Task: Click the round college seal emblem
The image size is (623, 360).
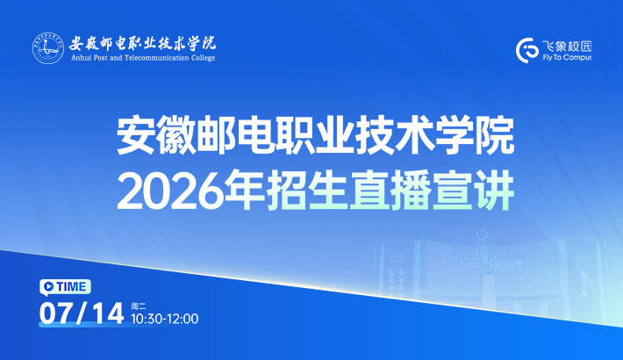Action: point(48,48)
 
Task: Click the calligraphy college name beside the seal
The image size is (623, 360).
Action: point(143,43)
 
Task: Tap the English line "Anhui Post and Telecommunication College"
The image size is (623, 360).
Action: point(143,58)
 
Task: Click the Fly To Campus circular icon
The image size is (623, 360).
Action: point(526,51)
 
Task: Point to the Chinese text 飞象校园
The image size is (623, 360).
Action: point(567,47)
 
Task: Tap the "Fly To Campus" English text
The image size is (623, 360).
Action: point(567,58)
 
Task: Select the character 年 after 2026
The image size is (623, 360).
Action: point(244,191)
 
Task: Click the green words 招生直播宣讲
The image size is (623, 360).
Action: point(390,191)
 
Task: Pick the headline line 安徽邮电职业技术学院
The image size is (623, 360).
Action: point(316,135)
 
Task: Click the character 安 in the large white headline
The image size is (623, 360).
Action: point(136,135)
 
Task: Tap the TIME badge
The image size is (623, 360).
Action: point(65,287)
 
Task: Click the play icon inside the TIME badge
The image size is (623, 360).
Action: point(49,286)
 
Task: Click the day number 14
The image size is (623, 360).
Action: point(108,313)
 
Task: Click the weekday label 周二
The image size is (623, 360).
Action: point(139,306)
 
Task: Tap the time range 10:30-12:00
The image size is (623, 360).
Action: point(165,319)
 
